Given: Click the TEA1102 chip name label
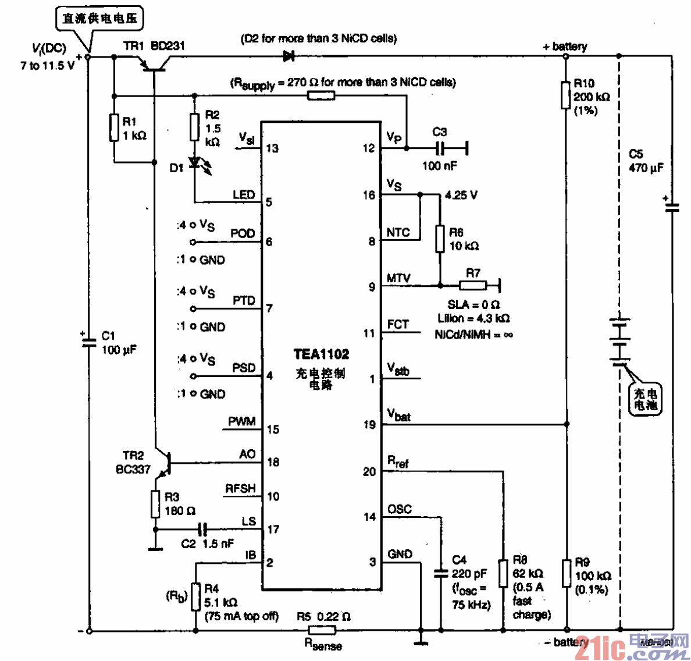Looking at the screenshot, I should click(321, 354).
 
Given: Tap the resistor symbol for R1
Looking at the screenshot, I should click(115, 127).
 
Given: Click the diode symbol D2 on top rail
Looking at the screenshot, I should click(289, 56).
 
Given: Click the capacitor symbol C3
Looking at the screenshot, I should click(440, 148).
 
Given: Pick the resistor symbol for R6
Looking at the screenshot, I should click(440, 239).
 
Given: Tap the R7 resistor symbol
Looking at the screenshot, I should click(473, 285).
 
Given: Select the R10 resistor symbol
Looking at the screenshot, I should click(565, 95).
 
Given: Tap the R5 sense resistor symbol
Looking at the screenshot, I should click(322, 630).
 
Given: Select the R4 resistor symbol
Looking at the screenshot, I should click(195, 596).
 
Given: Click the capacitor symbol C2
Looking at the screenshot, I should click(202, 529).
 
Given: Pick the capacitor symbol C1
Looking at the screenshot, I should click(89, 343).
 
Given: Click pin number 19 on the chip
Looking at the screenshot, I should click(369, 425).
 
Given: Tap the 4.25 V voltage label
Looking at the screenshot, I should click(461, 196).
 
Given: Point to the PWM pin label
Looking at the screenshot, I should click(241, 421).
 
